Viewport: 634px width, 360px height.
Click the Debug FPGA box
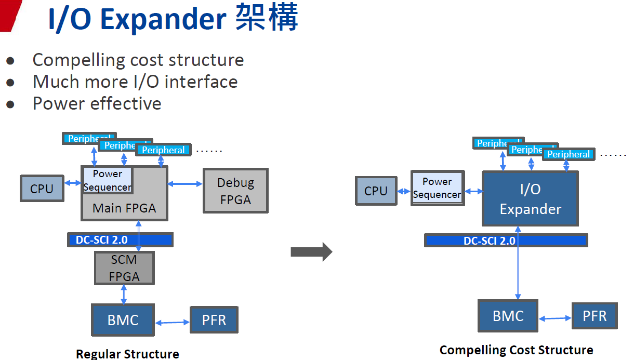(235, 191)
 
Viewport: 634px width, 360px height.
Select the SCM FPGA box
(124, 268)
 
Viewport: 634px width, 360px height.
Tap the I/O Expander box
(530, 199)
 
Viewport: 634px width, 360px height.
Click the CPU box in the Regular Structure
(42, 189)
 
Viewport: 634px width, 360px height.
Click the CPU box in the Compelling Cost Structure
(376, 191)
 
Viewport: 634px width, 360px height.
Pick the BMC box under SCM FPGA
(123, 320)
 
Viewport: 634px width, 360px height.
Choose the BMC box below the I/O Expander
(508, 316)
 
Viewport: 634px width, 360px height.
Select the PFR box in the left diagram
(214, 320)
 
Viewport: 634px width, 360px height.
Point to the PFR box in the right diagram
(595, 316)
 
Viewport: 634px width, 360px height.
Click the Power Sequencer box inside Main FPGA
(108, 180)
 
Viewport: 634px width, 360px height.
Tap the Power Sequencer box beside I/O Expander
(437, 188)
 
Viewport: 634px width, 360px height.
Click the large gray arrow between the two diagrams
(311, 252)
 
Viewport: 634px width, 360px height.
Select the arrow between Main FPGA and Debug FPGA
(185, 183)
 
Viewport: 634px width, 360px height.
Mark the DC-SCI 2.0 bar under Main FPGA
(120, 240)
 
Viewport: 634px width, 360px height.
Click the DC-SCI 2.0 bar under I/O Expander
(506, 241)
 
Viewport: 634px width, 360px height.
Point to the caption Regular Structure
(127, 354)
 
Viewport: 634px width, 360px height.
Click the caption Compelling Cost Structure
(516, 350)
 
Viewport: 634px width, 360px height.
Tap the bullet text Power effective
(97, 103)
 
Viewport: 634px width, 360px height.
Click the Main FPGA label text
(124, 208)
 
